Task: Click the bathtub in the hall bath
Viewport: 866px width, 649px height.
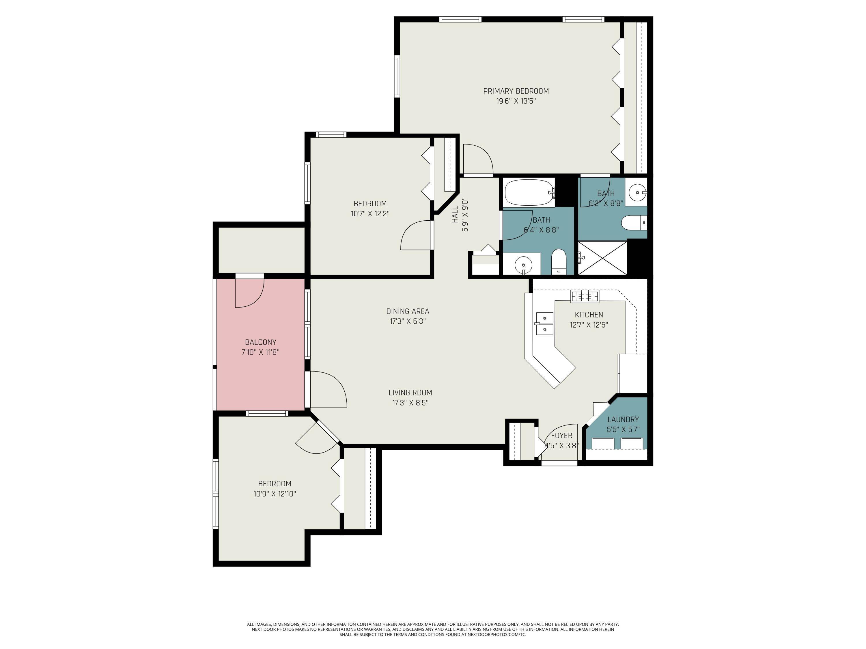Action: pos(528,192)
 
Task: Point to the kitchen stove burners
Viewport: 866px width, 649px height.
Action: pos(585,296)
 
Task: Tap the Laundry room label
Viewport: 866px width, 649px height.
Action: pos(623,419)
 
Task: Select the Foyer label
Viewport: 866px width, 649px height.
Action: pos(561,435)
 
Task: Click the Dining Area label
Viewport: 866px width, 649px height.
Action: pos(408,312)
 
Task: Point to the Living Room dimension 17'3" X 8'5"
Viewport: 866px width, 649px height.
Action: pos(410,403)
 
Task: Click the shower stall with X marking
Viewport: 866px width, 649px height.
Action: pos(602,258)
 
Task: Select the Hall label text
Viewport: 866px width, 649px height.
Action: pos(455,215)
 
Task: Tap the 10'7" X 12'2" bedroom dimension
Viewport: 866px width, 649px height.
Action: pos(370,214)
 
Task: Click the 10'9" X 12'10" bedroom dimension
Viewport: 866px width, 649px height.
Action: pos(275,494)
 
